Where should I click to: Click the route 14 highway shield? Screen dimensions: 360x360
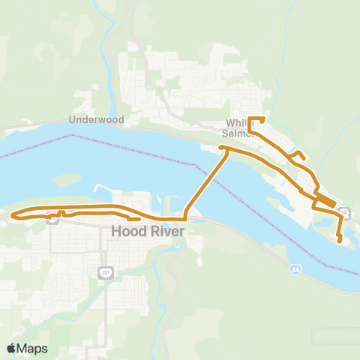[x=343, y=213]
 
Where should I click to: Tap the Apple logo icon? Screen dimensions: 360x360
[x=11, y=348]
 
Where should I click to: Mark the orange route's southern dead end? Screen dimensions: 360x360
[x=340, y=241]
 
